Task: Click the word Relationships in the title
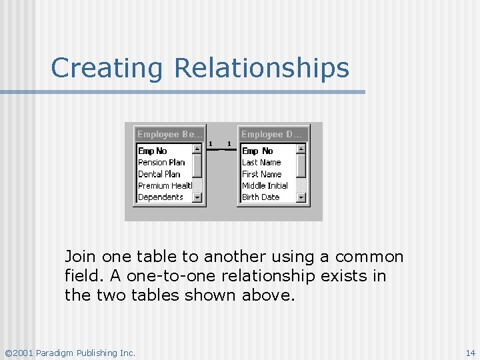(262, 68)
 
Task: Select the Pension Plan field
(161, 162)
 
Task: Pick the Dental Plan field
(159, 174)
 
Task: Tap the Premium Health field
(165, 185)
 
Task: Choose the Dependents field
(160, 197)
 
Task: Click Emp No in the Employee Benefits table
(152, 151)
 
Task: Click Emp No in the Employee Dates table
(257, 151)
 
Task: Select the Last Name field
(261, 162)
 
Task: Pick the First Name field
(261, 174)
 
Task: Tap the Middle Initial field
(265, 185)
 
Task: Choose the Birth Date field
(261, 197)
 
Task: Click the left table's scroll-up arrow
(197, 149)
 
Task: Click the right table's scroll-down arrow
(301, 197)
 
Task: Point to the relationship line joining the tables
(222, 149)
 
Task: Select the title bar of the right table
(274, 134)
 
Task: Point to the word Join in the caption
(80, 257)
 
